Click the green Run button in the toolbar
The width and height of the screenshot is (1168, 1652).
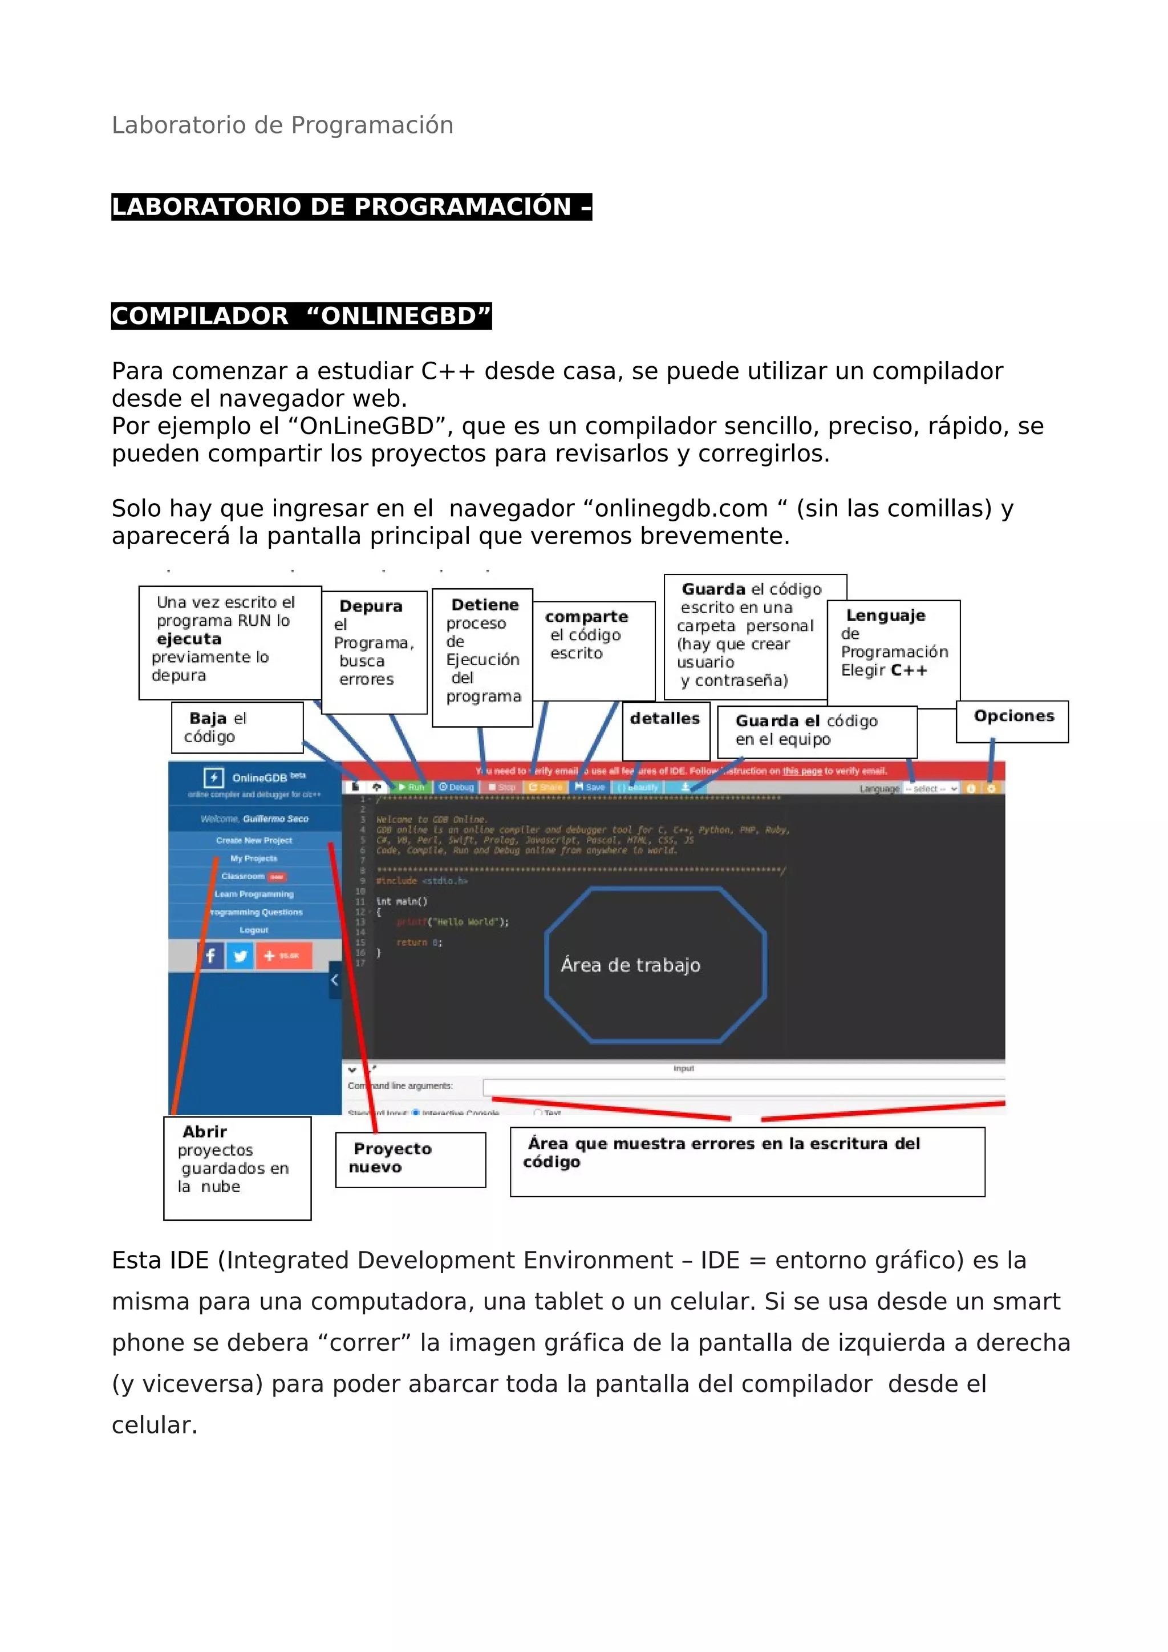point(412,787)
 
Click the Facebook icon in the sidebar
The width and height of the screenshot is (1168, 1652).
point(210,956)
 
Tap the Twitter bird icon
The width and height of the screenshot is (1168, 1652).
point(240,956)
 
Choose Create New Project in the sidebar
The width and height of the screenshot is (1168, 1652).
point(254,840)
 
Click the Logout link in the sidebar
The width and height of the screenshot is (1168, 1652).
point(254,930)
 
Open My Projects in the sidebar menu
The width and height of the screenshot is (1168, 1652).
point(254,859)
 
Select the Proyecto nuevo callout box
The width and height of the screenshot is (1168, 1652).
point(410,1159)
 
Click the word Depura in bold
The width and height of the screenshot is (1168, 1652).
point(371,606)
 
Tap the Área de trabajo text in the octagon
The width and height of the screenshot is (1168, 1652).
point(631,966)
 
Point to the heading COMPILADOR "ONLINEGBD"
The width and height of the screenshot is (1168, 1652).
point(301,316)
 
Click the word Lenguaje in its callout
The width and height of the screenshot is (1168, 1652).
point(885,616)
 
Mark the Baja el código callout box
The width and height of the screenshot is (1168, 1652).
point(237,727)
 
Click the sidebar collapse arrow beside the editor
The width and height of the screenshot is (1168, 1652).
point(334,980)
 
